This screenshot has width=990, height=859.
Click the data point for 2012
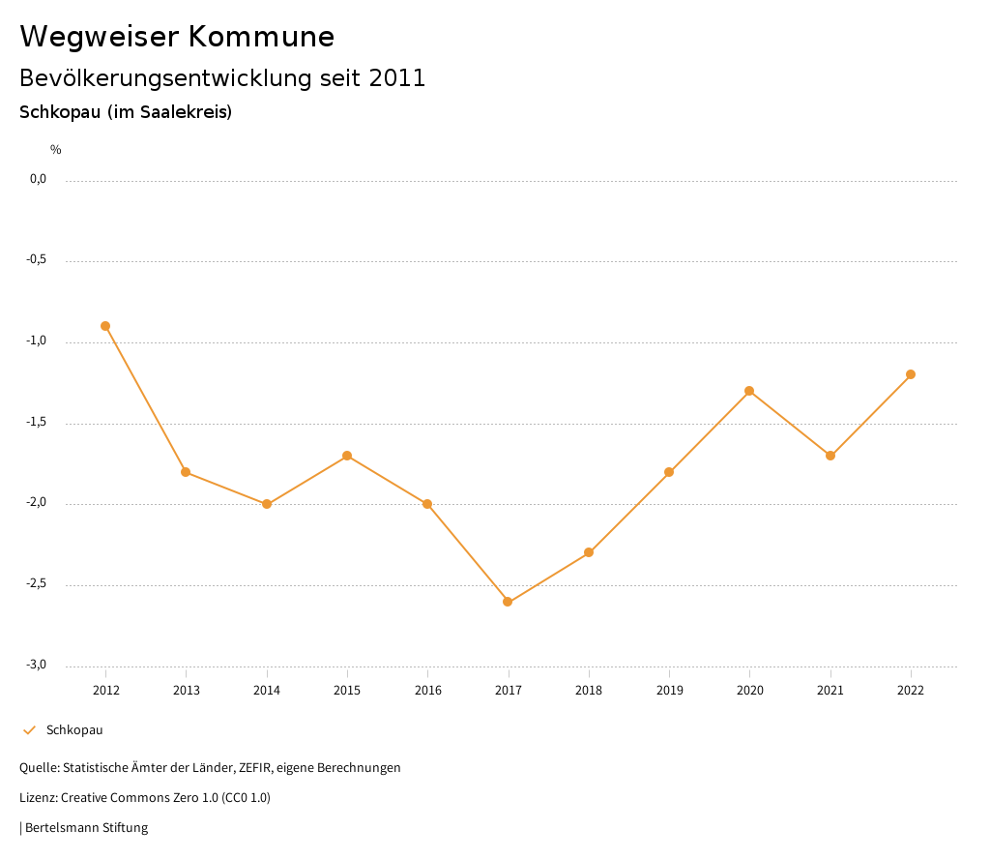point(105,326)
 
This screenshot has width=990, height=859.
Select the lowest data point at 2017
point(508,602)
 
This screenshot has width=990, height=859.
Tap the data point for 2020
point(749,391)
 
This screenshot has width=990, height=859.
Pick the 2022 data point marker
point(911,374)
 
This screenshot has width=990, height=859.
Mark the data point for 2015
point(347,456)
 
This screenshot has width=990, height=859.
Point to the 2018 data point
point(588,552)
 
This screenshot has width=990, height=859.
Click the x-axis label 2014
point(267,691)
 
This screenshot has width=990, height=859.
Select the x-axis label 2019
point(669,691)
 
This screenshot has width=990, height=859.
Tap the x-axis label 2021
point(830,691)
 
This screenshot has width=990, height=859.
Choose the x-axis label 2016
point(427,691)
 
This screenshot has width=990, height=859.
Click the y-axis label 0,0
point(38,179)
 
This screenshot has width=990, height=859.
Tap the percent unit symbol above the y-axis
point(56,150)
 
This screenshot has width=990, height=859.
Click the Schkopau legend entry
point(73,730)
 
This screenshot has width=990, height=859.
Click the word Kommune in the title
point(261,37)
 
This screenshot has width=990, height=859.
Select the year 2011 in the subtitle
point(396,78)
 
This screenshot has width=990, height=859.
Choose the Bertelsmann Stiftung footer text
point(86,828)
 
